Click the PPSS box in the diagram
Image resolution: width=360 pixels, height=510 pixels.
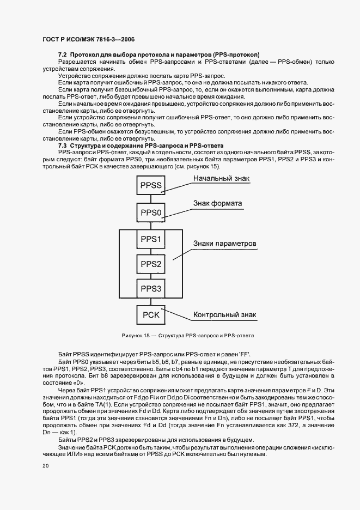(x=151, y=186)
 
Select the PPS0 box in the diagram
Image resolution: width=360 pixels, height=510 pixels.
(x=151, y=212)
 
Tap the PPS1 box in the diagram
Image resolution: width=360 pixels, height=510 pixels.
(x=151, y=239)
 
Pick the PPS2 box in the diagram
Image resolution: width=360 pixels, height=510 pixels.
(x=151, y=264)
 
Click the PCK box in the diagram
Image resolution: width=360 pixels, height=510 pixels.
(x=151, y=315)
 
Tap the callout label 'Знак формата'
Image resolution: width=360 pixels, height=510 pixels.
(x=217, y=203)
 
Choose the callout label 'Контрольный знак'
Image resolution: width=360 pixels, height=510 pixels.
(x=225, y=314)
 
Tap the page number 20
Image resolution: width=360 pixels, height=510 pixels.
(x=45, y=466)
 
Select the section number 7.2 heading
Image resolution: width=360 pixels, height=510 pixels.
(x=62, y=55)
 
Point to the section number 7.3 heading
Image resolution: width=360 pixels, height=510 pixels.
(x=62, y=146)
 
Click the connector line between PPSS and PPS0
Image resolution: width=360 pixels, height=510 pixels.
(x=151, y=199)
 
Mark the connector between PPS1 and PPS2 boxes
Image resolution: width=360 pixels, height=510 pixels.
(x=151, y=252)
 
